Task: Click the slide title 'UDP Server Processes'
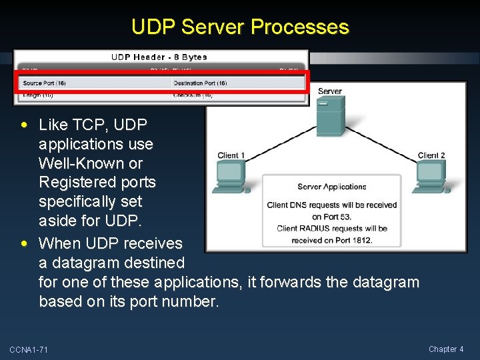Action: pyautogui.click(x=240, y=27)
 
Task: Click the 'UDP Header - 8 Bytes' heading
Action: pyautogui.click(x=159, y=57)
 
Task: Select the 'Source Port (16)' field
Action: pyautogui.click(x=44, y=83)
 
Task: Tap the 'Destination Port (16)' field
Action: pyautogui.click(x=200, y=83)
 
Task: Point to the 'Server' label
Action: pyautogui.click(x=330, y=91)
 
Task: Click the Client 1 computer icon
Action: pyautogui.click(x=231, y=177)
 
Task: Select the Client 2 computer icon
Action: pyautogui.click(x=431, y=177)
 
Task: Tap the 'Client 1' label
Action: pyautogui.click(x=231, y=155)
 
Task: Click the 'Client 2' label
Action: pyautogui.click(x=431, y=155)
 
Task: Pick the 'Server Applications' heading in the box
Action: pyautogui.click(x=332, y=187)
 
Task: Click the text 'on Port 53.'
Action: pyautogui.click(x=331, y=217)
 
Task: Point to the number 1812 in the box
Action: pyautogui.click(x=361, y=240)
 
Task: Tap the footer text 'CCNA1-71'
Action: pyautogui.click(x=29, y=350)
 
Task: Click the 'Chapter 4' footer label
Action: pyautogui.click(x=446, y=349)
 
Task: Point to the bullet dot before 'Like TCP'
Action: pyautogui.click(x=25, y=125)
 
